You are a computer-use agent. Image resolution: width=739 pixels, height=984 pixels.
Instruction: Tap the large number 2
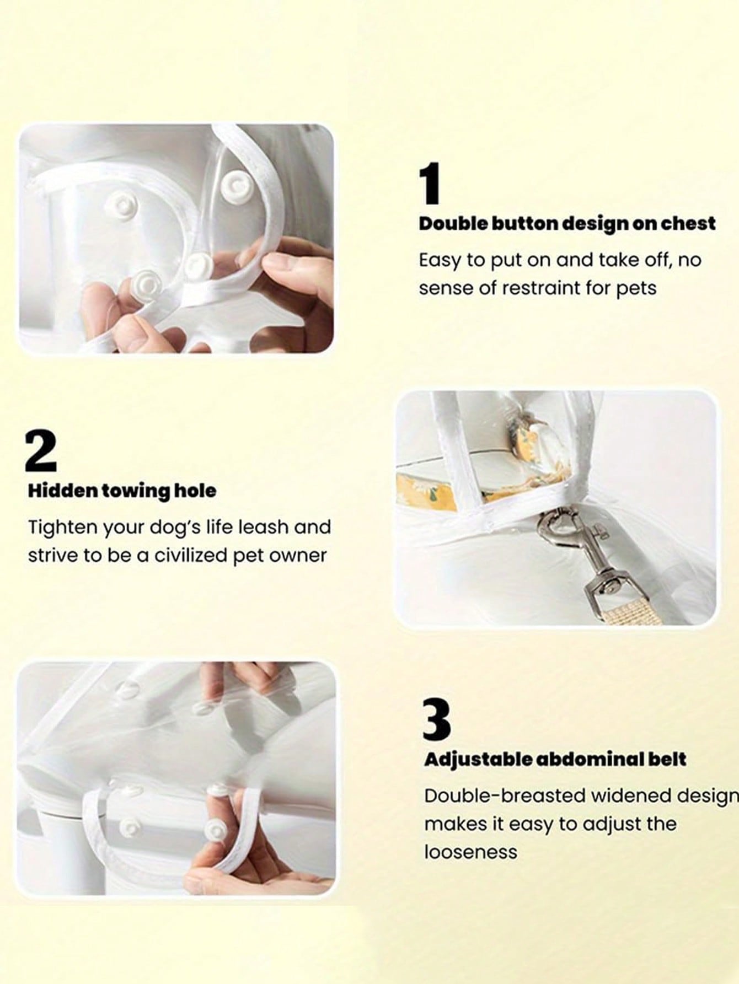coord(41,450)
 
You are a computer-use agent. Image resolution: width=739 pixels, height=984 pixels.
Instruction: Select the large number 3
coord(436,719)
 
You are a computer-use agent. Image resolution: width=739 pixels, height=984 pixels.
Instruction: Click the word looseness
coord(470,852)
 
